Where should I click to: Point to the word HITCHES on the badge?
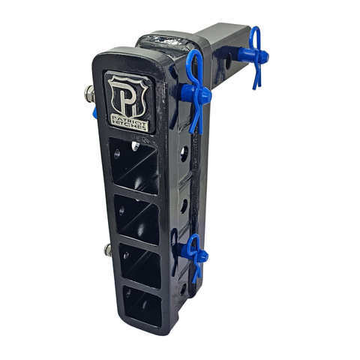pos(130,124)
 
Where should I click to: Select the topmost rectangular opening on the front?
pos(134,165)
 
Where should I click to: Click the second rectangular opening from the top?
pos(137,219)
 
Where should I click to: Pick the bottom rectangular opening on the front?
pos(142,305)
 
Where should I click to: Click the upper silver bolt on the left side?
pos(89,94)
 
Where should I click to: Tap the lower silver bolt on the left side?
pos(108,250)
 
